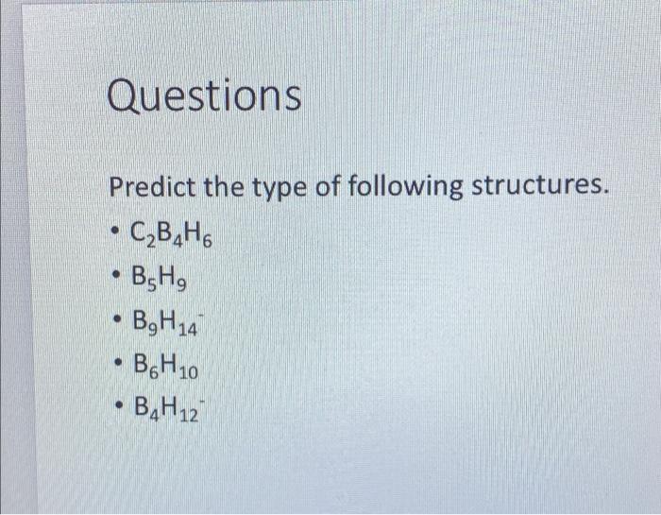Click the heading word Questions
point(205,95)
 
